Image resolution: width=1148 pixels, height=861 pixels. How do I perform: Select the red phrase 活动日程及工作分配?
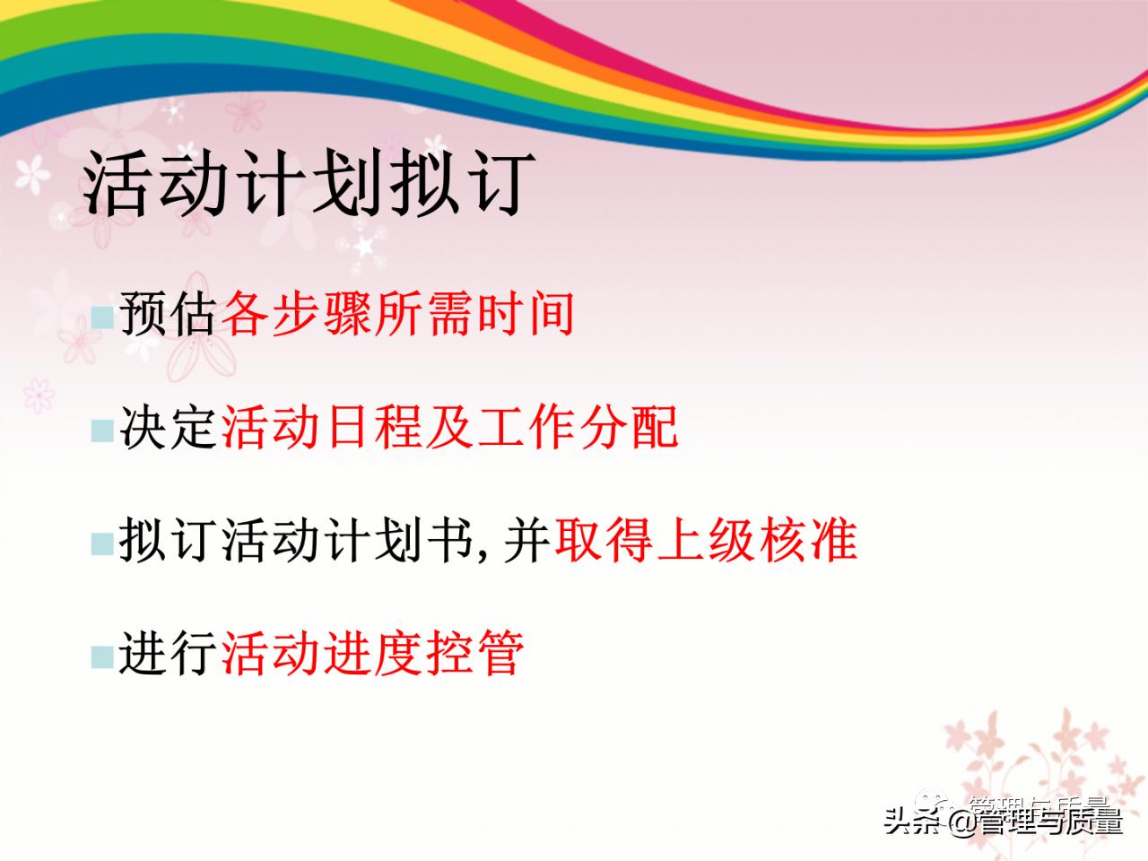coord(449,427)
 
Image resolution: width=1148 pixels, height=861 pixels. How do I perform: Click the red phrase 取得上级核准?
coord(706,540)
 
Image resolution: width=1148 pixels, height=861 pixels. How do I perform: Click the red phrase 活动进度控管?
coord(372,653)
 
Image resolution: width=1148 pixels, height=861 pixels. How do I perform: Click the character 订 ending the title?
coord(494,184)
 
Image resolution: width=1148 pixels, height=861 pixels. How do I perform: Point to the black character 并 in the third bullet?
coord(526,540)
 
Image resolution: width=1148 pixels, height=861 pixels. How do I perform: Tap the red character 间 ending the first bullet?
coord(551,314)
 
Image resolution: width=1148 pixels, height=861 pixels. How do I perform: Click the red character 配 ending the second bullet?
coord(654,427)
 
